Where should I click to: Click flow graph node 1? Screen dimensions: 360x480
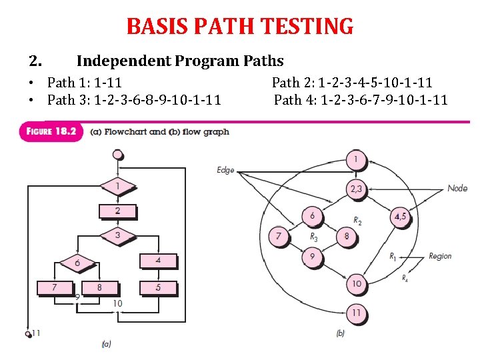point(356,160)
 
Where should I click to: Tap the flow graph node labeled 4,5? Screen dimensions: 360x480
point(400,217)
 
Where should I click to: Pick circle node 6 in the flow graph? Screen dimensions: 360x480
point(312,216)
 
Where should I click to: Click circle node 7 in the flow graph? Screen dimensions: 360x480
point(279,236)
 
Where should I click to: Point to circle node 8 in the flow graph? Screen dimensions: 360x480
point(347,236)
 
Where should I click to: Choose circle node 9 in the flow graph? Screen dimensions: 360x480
point(312,256)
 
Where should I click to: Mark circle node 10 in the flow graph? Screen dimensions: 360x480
point(356,284)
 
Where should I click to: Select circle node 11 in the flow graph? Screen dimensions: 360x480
point(356,312)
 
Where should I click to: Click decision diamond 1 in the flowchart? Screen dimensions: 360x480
point(117,186)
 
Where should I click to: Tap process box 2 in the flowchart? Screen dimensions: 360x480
point(117,211)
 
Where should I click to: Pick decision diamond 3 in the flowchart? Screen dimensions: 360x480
point(117,235)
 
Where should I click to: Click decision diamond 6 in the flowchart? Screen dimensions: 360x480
point(77,263)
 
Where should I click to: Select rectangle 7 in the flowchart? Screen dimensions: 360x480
point(55,287)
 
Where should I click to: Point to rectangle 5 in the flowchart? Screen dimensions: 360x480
point(158,288)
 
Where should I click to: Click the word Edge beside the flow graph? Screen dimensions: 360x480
point(226,170)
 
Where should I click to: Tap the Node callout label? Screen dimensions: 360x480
point(457,188)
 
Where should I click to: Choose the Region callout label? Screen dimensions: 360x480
point(440,256)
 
